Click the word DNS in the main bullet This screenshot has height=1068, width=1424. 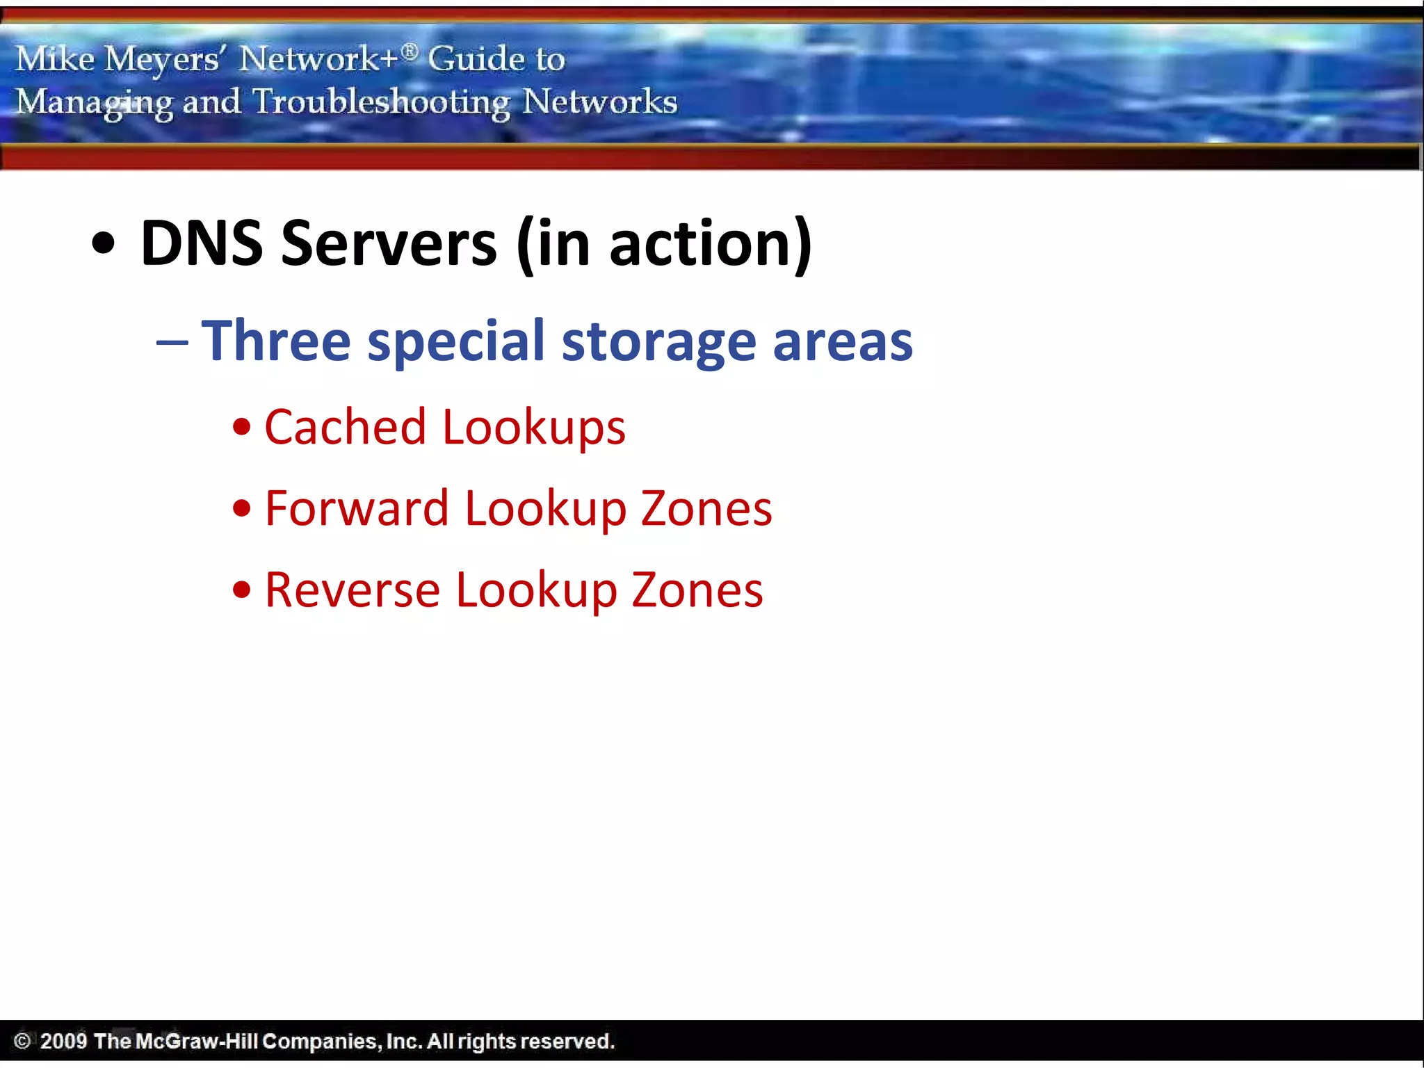[x=202, y=243]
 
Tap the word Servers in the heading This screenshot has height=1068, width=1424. [x=389, y=243]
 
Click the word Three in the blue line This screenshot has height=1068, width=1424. [x=276, y=341]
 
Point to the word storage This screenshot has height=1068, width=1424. [x=658, y=343]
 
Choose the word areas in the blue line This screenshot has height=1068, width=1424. [x=842, y=343]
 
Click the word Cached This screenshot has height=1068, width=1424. [x=345, y=427]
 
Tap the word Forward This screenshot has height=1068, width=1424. [x=357, y=508]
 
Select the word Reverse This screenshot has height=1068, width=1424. [x=353, y=590]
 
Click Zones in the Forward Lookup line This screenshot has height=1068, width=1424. [x=706, y=508]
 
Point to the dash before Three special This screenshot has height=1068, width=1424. [x=172, y=343]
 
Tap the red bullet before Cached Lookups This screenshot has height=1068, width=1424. [x=241, y=428]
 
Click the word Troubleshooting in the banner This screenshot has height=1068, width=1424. [x=381, y=103]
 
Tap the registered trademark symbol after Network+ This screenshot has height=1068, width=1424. [x=410, y=51]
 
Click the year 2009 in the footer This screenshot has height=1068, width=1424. [x=63, y=1041]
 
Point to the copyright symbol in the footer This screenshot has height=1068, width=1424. [x=22, y=1041]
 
